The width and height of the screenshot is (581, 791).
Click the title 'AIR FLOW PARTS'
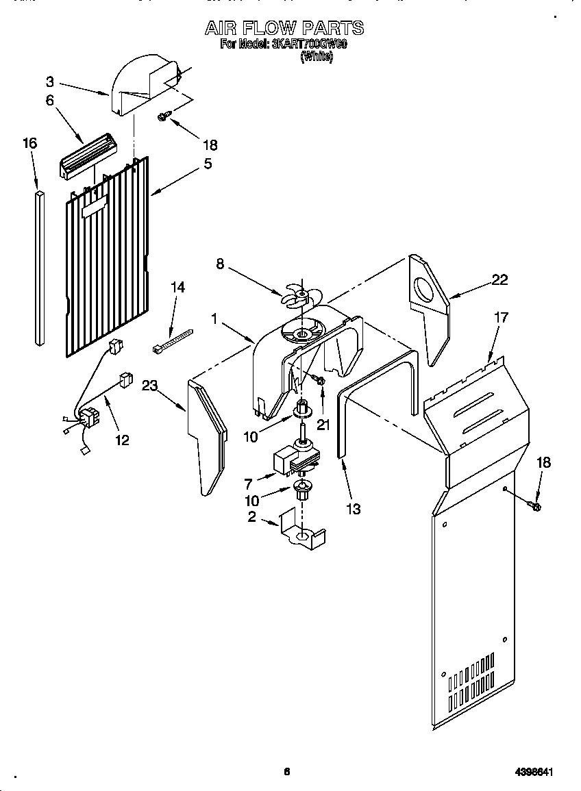[284, 28]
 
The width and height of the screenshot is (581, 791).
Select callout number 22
[499, 279]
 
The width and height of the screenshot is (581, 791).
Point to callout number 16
[29, 143]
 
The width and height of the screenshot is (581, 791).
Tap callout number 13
[353, 509]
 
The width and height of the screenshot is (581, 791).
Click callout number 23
[150, 386]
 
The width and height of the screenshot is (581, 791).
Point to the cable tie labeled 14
[172, 340]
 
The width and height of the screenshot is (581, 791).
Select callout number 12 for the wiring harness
[121, 440]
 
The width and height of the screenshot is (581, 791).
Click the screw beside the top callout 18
[164, 116]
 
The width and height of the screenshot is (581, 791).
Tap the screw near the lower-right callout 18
[535, 505]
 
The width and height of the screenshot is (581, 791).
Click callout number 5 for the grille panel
[206, 164]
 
